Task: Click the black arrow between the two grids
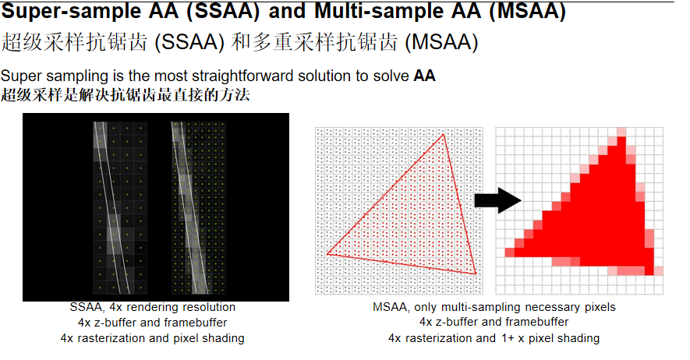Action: coord(497,200)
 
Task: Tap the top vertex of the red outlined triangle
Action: coord(443,135)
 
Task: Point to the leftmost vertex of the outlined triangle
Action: coord(327,253)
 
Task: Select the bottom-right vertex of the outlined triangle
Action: coord(476,274)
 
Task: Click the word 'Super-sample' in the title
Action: coord(72,11)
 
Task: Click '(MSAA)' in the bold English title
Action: coord(528,11)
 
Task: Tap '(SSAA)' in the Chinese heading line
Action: coord(189,43)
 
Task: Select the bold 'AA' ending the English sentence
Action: coord(424,76)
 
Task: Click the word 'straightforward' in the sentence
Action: coord(243,76)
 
